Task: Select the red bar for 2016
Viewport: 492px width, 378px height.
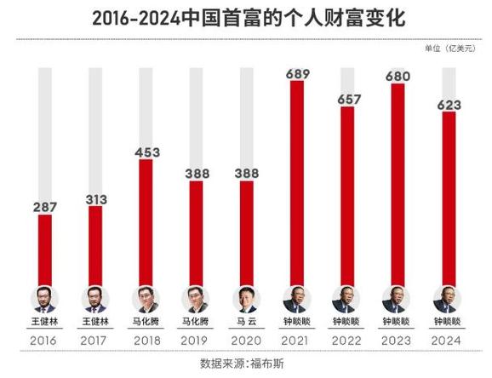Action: pos(45,251)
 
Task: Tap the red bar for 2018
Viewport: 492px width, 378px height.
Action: pos(146,223)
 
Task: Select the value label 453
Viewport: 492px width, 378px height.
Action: pos(146,152)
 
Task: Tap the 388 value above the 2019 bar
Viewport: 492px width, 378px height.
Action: pos(196,173)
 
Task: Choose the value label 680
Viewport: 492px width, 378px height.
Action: pos(397,77)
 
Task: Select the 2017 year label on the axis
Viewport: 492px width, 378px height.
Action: pos(95,341)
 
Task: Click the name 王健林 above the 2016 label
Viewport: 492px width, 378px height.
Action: pos(45,322)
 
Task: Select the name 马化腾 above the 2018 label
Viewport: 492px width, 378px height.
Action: pos(146,322)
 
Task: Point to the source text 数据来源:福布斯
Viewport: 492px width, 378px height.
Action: pos(246,364)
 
